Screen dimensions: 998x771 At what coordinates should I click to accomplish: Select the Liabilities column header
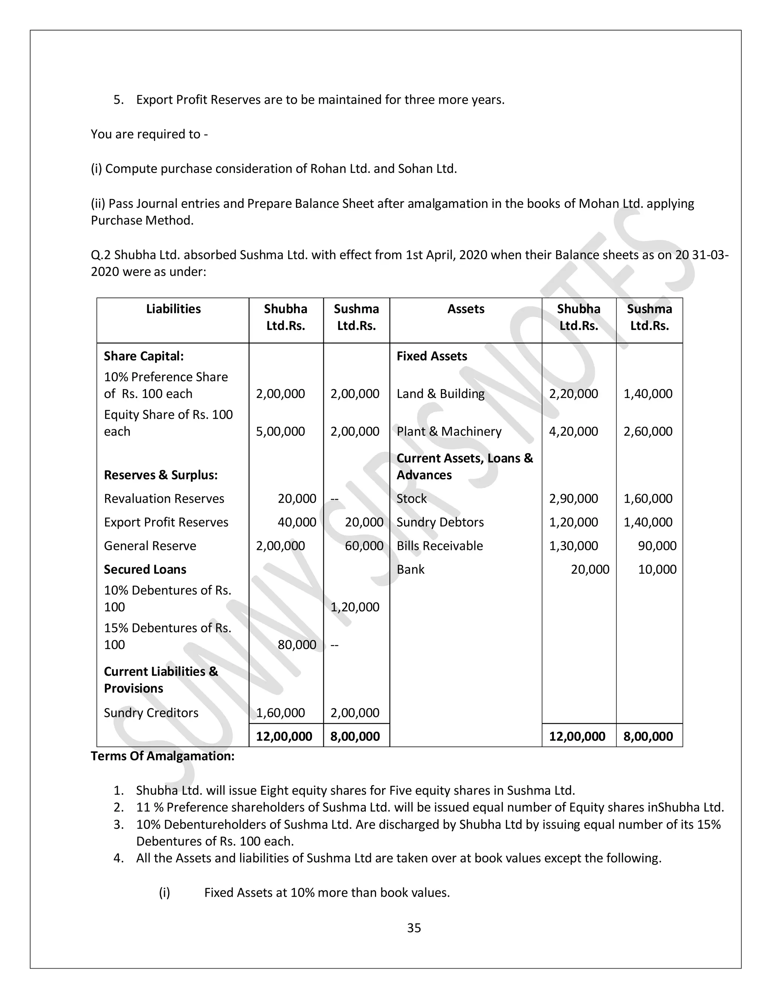[x=173, y=309]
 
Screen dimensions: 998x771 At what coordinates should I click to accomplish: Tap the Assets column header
[x=465, y=309]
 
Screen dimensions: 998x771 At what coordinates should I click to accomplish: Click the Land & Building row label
[x=440, y=394]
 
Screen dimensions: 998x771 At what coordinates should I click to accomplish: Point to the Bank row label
[x=410, y=569]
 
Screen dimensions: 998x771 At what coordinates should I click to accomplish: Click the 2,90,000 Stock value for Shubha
[x=573, y=499]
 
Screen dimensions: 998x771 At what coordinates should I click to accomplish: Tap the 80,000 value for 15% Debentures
[x=297, y=645]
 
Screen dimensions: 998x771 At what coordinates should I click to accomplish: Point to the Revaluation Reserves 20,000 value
[x=297, y=499]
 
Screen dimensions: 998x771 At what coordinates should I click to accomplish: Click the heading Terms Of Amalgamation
[x=163, y=756]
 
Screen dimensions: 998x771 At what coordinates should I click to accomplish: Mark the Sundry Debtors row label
[x=440, y=522]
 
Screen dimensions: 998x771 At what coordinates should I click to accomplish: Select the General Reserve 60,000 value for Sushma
[x=364, y=546]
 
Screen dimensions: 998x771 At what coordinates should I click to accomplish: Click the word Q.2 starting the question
[x=101, y=255]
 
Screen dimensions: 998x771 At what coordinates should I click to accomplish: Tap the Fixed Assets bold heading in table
[x=432, y=356]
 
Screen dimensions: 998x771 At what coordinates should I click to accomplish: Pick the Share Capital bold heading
[x=143, y=356]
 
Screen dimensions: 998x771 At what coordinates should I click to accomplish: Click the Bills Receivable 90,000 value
[x=657, y=546]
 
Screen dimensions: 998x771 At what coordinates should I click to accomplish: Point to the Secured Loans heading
[x=145, y=569]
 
